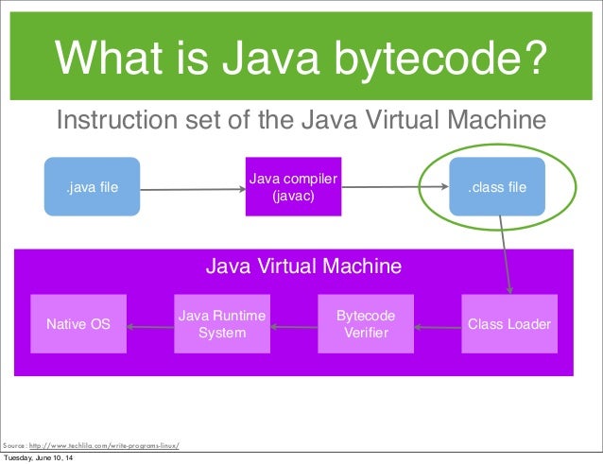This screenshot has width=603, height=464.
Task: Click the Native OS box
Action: click(78, 324)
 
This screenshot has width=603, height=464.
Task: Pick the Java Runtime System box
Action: click(222, 324)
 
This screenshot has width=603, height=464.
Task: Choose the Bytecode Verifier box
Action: click(366, 324)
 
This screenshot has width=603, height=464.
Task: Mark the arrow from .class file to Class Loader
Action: click(506, 255)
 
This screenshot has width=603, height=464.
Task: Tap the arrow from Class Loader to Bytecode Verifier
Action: click(437, 328)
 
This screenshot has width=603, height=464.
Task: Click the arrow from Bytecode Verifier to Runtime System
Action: click(293, 328)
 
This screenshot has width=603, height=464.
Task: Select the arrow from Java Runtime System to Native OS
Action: click(150, 328)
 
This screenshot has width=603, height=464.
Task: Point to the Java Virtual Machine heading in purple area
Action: click(303, 266)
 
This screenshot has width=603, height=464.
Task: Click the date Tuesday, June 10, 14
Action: click(41, 458)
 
